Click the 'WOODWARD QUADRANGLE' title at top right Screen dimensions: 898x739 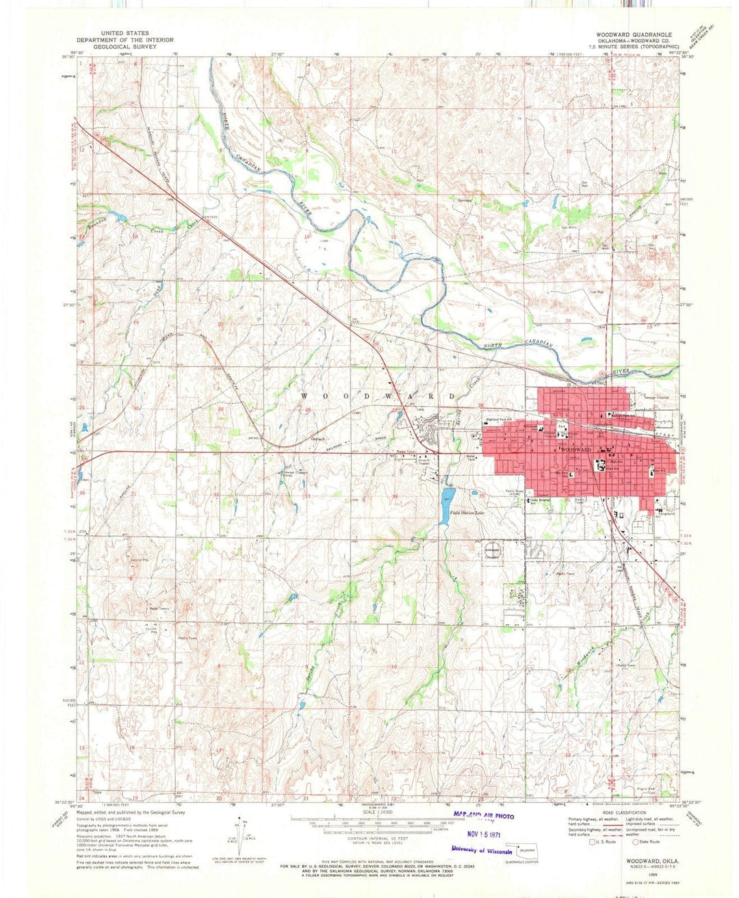point(634,34)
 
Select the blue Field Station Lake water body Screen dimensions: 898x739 point(448,496)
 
